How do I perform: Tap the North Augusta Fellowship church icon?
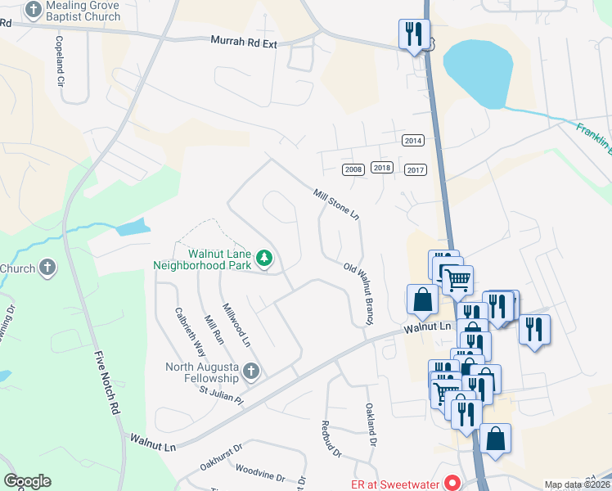(x=251, y=372)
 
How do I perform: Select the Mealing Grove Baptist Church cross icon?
(x=33, y=11)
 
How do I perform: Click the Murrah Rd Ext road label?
(x=244, y=41)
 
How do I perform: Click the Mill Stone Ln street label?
(x=336, y=204)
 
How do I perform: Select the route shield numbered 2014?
(x=413, y=141)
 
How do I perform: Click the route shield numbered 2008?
(x=353, y=169)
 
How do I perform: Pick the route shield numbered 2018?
(x=382, y=167)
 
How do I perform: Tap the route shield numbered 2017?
(x=416, y=169)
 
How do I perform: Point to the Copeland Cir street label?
(x=60, y=61)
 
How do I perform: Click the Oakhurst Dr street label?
(x=221, y=457)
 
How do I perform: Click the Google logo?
(x=28, y=481)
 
